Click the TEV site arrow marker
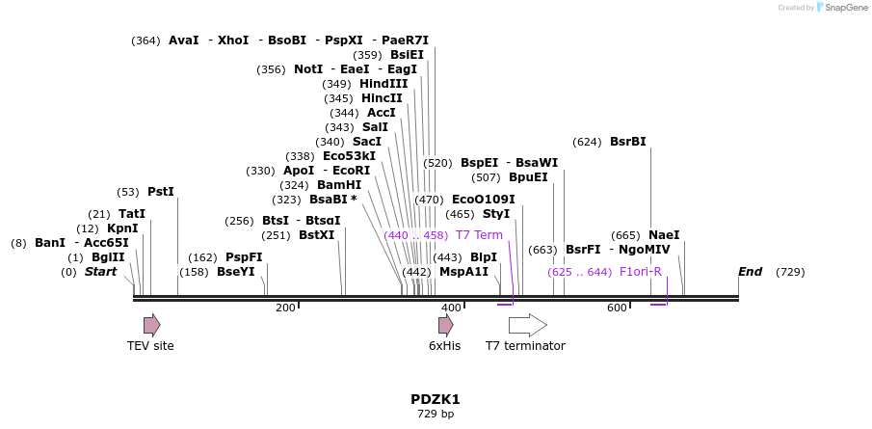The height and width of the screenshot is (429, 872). click(152, 325)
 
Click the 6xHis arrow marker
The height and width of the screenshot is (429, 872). click(445, 325)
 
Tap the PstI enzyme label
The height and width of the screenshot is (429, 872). click(161, 192)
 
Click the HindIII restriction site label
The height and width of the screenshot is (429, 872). click(383, 84)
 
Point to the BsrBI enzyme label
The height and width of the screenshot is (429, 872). click(628, 142)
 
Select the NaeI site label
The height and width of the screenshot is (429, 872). click(664, 235)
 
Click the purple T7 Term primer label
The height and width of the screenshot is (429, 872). click(479, 235)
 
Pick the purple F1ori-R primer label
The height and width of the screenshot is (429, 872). click(641, 272)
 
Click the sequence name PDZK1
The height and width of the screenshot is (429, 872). click(436, 399)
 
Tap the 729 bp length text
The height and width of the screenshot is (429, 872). click(436, 415)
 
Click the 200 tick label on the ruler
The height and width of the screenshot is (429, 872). click(285, 308)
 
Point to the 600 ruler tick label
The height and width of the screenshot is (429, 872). click(616, 308)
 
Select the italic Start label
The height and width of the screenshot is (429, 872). click(100, 272)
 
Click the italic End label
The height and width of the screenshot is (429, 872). click(751, 272)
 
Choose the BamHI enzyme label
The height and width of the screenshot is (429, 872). click(339, 185)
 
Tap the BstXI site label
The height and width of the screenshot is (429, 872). click(317, 235)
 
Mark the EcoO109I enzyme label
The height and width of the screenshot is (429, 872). click(484, 200)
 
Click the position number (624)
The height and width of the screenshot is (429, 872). click(587, 142)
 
